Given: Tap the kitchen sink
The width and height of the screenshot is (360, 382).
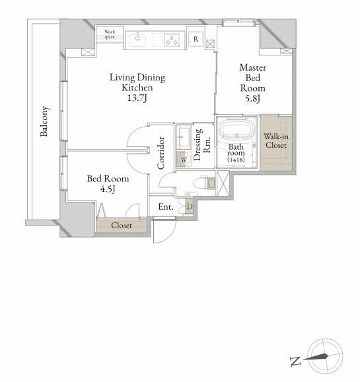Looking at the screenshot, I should coord(137,39).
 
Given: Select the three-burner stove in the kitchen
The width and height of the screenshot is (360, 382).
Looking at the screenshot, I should coord(172,39).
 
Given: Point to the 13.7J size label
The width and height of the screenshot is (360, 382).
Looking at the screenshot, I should coord(137,98).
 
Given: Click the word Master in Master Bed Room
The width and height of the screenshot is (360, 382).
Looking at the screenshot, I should coord(252,67).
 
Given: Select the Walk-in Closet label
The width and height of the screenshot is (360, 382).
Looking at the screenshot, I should coord(275,141).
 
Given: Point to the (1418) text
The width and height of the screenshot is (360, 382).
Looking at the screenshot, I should coord(236,160).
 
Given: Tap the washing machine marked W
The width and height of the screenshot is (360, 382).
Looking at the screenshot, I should coord(183,158).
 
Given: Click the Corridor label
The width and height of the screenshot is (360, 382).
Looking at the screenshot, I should coord(161,153).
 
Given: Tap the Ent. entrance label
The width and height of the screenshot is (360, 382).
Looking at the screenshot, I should coord(165,207).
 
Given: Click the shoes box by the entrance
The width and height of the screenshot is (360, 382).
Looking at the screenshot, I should coord(189,205).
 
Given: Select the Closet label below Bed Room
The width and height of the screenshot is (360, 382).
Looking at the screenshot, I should coord(121,226).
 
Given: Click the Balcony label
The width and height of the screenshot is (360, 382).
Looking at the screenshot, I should coord(44,121).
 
